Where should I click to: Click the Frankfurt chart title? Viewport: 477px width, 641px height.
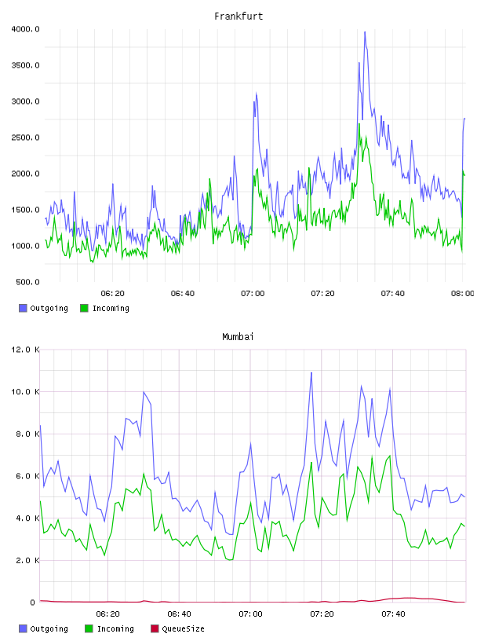238,16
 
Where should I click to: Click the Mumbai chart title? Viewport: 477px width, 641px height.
238,336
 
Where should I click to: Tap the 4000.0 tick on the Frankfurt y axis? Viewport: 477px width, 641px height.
25,29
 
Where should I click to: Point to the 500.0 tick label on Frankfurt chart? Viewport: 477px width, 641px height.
27,282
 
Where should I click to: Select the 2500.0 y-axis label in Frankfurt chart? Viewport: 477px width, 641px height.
25,137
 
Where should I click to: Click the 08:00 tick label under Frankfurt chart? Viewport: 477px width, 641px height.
462,293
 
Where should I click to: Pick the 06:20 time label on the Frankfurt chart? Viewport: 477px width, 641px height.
113,293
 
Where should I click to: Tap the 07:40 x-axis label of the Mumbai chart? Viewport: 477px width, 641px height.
393,614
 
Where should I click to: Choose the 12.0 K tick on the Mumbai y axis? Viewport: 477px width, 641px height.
25,350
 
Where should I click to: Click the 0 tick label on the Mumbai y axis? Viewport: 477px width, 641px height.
33,603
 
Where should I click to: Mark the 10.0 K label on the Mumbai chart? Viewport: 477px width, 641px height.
25,392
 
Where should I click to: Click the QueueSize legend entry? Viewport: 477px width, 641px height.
177,628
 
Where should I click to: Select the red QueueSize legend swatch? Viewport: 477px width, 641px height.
155,628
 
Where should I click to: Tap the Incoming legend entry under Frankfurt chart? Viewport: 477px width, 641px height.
105,308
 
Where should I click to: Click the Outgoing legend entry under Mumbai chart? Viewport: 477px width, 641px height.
44,628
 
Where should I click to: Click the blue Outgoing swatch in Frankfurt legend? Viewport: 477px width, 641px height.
23,308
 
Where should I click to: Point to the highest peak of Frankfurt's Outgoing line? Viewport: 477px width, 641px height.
365,32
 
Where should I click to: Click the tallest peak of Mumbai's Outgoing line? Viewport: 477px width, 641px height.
311,372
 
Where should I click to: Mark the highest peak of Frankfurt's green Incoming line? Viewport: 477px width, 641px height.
359,123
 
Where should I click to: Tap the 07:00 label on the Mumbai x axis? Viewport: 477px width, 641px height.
250,614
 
